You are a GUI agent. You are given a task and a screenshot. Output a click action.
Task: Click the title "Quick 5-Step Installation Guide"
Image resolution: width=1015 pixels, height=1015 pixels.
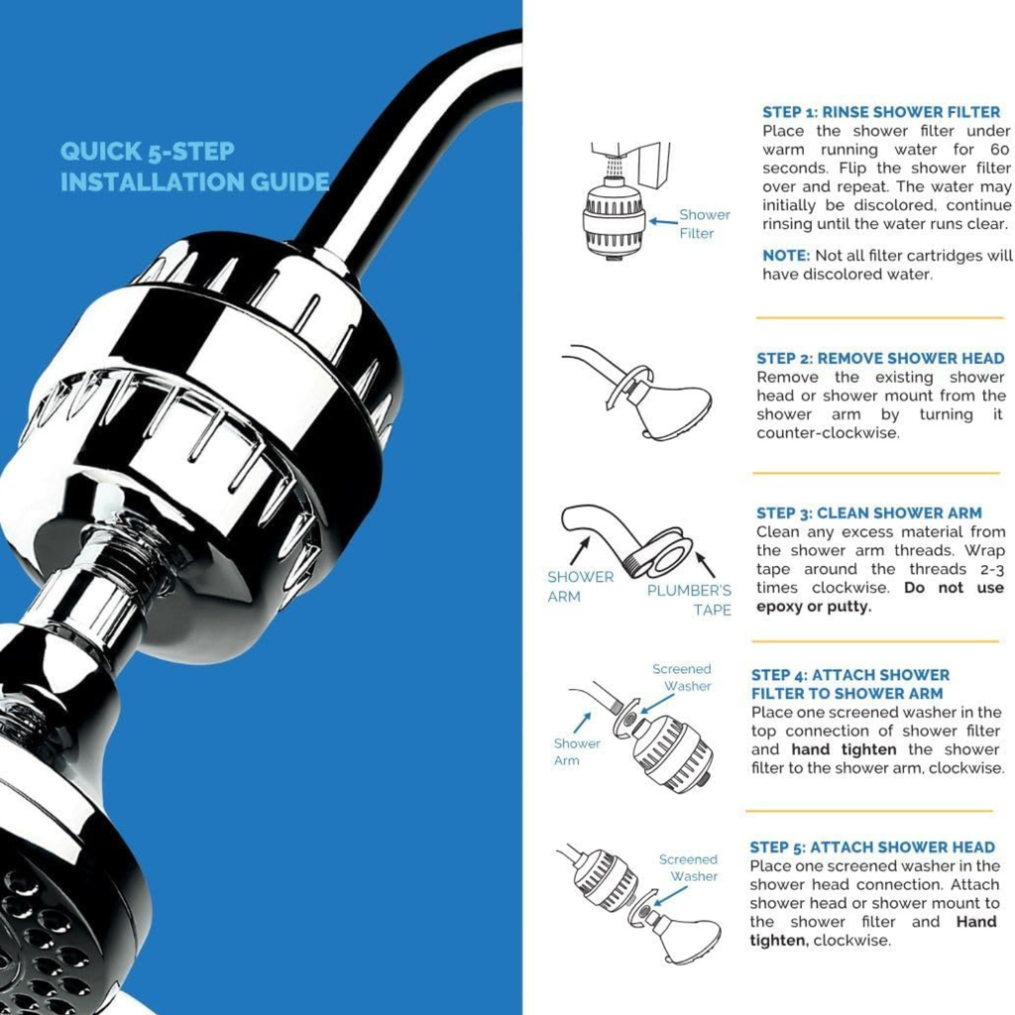194,167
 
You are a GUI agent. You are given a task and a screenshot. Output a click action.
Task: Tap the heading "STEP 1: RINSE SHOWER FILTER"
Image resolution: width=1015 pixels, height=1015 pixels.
881,112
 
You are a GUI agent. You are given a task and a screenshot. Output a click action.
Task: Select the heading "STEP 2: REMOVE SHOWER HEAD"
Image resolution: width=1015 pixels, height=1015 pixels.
880,358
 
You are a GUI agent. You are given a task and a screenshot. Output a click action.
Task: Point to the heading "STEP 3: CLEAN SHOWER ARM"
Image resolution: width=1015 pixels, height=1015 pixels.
868,512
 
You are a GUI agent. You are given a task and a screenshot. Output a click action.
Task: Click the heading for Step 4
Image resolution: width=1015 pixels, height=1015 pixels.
849,684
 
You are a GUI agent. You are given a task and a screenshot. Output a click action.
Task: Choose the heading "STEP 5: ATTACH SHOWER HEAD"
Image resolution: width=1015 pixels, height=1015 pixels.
872,846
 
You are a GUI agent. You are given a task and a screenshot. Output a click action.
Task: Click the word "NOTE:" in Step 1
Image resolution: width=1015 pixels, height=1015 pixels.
786,256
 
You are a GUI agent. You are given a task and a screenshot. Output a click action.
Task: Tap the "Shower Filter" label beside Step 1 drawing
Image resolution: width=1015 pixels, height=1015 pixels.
703,224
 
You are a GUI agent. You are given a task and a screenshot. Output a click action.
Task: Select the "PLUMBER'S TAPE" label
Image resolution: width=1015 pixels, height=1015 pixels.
690,600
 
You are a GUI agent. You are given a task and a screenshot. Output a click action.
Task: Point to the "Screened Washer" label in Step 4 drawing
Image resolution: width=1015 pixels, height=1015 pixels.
683,677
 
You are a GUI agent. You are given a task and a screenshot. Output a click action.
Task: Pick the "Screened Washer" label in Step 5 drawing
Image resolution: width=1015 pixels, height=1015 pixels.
689,867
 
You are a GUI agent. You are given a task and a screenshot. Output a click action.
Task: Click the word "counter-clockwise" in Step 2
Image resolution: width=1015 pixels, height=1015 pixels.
828,433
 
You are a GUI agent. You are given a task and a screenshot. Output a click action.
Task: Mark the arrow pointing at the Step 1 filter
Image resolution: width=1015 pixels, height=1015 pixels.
661,215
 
